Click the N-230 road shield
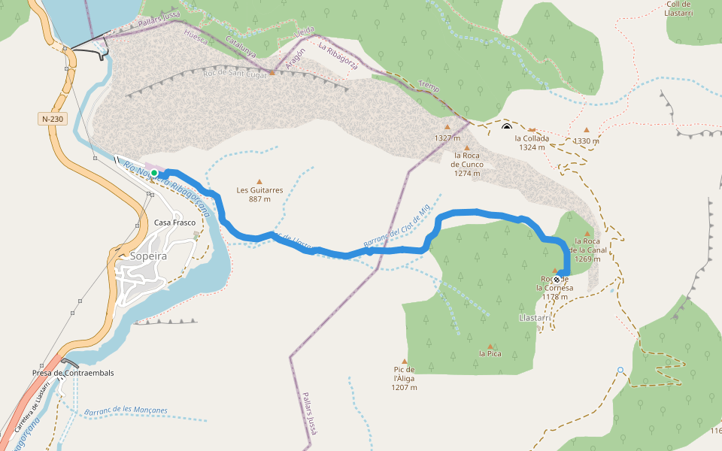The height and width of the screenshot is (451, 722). pos(52,119)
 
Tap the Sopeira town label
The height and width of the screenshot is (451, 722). pos(148,256)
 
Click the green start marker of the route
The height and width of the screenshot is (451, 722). pos(154,174)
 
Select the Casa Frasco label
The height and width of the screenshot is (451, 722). pos(174,222)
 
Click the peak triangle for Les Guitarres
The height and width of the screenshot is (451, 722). pos(259,181)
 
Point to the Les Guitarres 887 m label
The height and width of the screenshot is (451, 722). pos(259,195)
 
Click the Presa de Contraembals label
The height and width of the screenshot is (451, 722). pos(73,372)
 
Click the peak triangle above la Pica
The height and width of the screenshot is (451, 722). pos(490,346)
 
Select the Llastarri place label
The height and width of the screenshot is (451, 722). pos(536,318)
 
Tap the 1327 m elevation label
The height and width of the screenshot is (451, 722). pos(447,138)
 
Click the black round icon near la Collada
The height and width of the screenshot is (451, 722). pos(507,127)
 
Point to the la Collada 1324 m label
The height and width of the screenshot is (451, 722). pos(532,143)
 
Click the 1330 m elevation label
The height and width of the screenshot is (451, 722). pos(586,141)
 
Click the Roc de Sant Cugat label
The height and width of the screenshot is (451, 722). pos(235,74)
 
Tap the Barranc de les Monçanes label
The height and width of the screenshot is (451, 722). pos(126,410)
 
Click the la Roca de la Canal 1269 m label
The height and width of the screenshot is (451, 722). pos(587,250)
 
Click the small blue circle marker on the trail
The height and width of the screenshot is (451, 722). pos(620,370)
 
